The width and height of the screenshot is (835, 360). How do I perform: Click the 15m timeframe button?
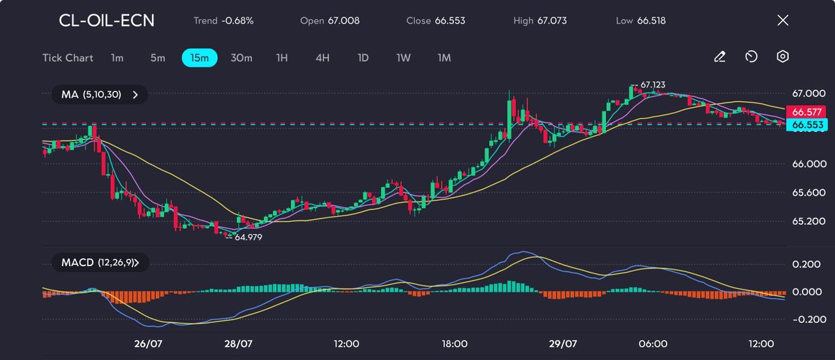(199, 58)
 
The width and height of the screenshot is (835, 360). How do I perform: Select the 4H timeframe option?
(322, 58)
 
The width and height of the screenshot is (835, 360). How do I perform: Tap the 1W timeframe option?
(403, 58)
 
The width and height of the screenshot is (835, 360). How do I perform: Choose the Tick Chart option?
(68, 58)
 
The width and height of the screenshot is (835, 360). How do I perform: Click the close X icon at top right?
(783, 20)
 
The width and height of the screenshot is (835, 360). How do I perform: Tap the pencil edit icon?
(720, 57)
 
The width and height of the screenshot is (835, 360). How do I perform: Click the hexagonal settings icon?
(783, 57)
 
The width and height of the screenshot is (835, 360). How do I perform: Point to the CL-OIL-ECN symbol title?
(107, 21)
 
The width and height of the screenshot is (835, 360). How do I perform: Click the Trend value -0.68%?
(237, 21)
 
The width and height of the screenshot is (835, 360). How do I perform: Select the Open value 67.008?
(343, 21)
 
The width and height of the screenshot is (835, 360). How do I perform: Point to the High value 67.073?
(552, 21)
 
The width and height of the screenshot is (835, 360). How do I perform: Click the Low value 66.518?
(651, 21)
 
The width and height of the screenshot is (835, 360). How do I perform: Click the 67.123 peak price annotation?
(652, 85)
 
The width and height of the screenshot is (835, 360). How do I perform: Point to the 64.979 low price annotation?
(248, 237)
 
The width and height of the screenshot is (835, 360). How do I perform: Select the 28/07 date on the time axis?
(238, 344)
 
